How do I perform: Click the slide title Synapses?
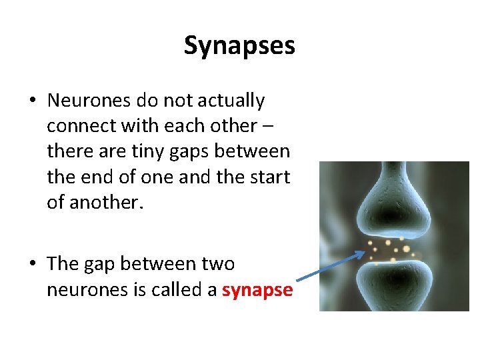(x=239, y=46)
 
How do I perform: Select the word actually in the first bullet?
(x=229, y=101)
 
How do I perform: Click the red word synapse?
(x=257, y=290)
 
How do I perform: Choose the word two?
(x=217, y=265)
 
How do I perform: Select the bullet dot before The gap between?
(x=33, y=265)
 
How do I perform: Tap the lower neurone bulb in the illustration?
(x=393, y=283)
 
